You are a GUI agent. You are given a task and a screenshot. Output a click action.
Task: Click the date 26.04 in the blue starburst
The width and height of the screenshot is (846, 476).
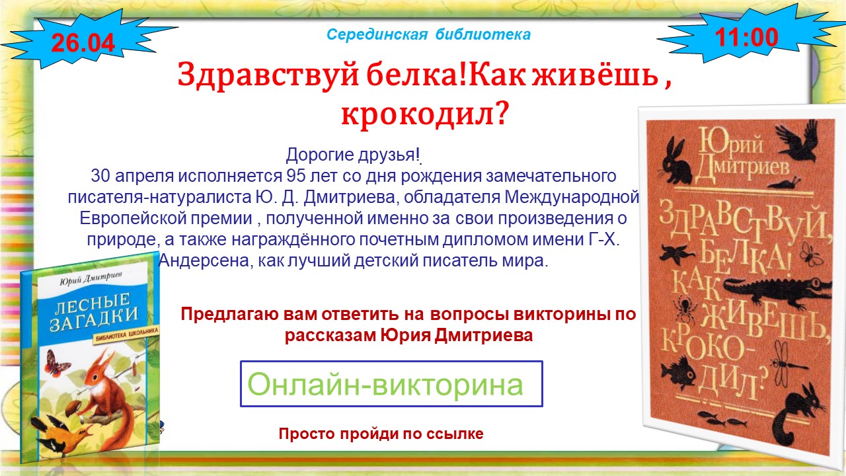(x=83, y=42)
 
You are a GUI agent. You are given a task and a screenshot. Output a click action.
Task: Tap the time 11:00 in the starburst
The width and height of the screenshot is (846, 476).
(x=747, y=38)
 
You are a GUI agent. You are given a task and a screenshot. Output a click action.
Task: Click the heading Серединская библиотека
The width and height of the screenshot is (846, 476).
(x=429, y=34)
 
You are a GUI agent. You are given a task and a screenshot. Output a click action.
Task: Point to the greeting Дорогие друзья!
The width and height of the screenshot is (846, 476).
(x=353, y=155)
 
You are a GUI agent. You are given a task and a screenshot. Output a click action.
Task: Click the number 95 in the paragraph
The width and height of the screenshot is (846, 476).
(x=297, y=176)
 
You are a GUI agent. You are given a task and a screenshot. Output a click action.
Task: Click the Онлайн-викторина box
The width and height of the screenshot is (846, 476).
(x=391, y=384)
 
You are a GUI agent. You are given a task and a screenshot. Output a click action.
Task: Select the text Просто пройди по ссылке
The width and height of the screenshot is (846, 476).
(x=381, y=434)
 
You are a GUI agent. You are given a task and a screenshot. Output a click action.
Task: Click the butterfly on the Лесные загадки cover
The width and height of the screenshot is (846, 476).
(x=56, y=363)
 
